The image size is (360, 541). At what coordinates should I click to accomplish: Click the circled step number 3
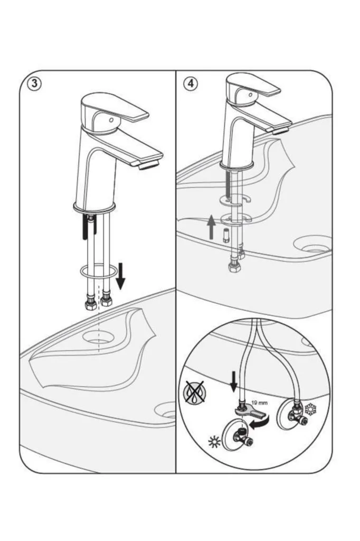[34, 85]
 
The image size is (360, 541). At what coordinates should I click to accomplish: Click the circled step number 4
[190, 84]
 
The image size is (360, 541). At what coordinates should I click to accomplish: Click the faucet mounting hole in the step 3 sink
[99, 337]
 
